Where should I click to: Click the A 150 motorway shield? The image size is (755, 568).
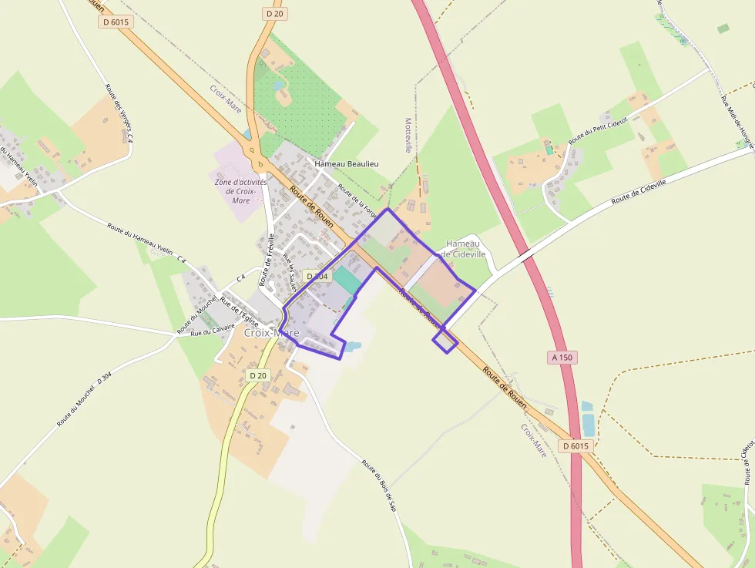click(564, 358)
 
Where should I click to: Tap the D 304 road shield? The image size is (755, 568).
click(317, 276)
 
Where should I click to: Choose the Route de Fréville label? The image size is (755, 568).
click(267, 260)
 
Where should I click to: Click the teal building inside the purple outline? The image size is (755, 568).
click(346, 280)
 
